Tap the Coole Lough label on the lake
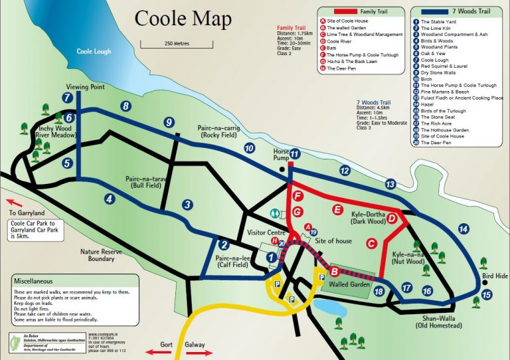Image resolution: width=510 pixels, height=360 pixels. pyautogui.click(x=94, y=51)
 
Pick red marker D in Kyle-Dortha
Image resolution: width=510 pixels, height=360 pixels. pyautogui.click(x=392, y=219)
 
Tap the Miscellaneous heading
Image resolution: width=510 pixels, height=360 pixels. pyautogui.click(x=42, y=282)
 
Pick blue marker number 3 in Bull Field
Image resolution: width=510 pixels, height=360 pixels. pyautogui.click(x=188, y=205)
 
